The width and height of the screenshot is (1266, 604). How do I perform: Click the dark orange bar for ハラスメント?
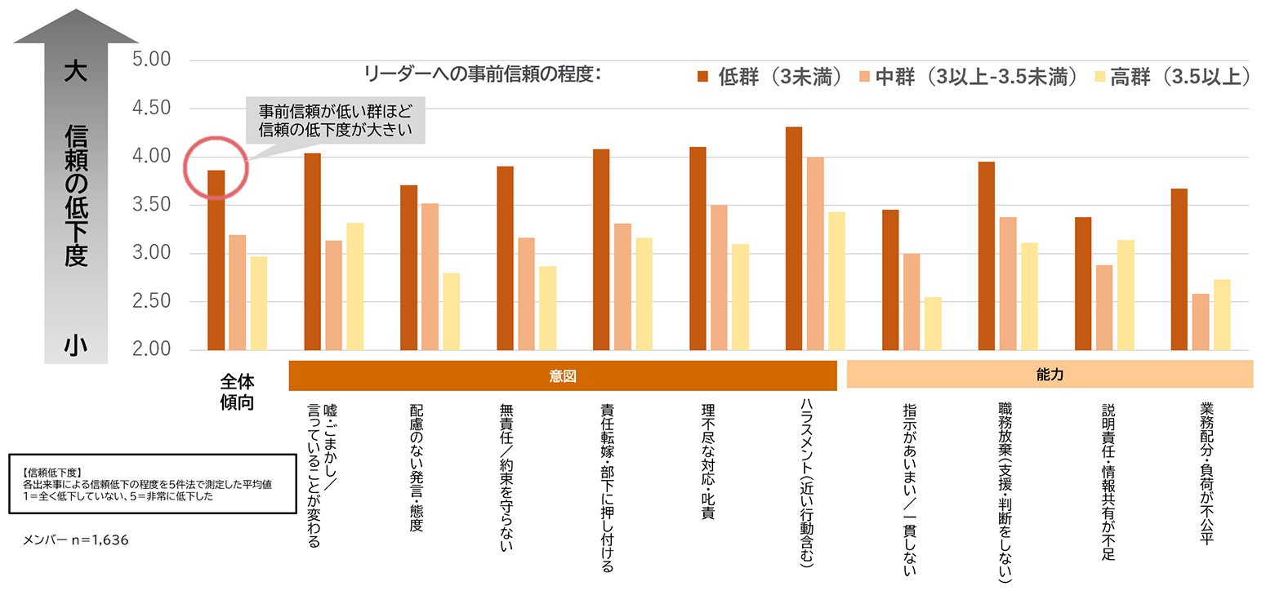point(794,238)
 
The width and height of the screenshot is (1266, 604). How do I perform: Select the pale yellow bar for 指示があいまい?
point(933,324)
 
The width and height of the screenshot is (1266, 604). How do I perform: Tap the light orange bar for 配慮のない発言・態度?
point(430,277)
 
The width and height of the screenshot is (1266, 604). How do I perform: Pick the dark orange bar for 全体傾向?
point(216,260)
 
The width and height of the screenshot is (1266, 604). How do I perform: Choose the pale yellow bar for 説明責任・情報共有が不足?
point(1126,295)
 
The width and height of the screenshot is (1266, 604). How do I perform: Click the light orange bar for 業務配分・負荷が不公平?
point(1201,322)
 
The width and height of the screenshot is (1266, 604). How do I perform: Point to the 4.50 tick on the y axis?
point(151,108)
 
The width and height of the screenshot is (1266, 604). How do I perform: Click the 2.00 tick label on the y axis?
point(151,349)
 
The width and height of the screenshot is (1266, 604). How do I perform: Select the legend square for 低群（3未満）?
point(702,76)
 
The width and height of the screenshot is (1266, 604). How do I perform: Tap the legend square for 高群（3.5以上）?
point(1099,76)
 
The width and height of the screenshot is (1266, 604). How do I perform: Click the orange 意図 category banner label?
point(563,375)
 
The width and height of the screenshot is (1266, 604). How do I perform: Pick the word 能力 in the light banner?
point(1050,374)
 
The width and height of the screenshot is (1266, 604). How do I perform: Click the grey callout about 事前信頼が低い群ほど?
point(335,120)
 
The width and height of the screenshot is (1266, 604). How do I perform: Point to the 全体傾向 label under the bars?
point(237,392)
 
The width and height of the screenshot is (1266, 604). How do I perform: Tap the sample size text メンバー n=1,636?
point(75,540)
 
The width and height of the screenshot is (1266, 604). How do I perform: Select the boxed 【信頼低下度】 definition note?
point(153,484)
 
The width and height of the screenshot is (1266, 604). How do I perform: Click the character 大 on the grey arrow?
point(76,71)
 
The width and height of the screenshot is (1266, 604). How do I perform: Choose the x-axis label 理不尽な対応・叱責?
point(707,461)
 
